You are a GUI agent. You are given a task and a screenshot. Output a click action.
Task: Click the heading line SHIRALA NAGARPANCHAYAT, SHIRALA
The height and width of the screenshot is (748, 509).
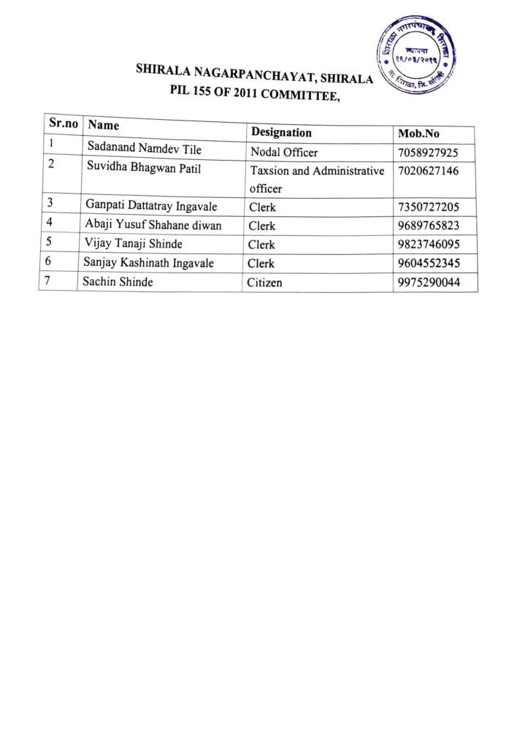point(255,75)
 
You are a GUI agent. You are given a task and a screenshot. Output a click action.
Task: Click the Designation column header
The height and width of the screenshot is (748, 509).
point(281,132)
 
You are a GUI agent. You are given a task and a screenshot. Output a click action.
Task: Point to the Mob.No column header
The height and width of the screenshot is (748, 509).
point(418,134)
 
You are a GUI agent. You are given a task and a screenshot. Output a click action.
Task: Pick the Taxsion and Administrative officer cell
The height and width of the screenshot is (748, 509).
point(316,180)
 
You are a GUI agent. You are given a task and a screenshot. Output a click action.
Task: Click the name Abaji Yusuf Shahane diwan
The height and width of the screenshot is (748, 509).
point(153,225)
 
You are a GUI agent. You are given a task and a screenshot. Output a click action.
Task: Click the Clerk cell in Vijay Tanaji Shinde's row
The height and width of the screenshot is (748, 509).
point(261,245)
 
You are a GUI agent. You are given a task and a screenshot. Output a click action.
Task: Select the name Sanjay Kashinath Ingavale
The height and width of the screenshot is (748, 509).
point(150,263)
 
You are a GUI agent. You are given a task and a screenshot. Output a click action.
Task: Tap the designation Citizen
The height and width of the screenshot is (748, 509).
point(267,283)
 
